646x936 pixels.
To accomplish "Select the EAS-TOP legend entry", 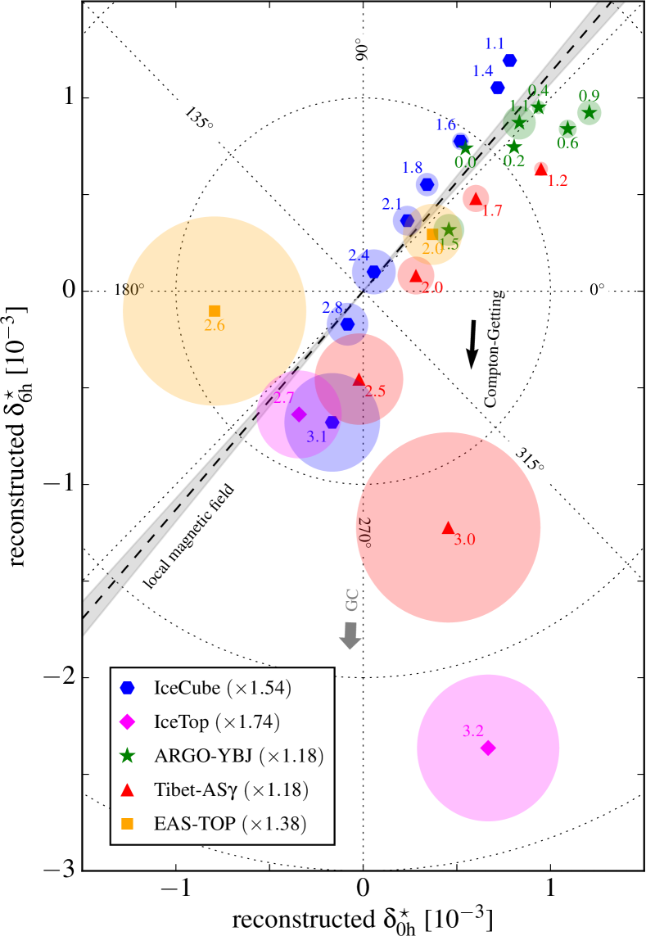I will coord(193,821).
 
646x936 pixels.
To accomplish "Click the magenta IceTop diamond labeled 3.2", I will coord(488,748).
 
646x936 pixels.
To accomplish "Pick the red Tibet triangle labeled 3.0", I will coord(448,527).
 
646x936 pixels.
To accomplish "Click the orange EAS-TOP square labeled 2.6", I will coord(215,310).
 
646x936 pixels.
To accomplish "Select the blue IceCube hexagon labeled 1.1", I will coord(510,61).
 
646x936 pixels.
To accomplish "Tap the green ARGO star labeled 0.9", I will coord(589,113).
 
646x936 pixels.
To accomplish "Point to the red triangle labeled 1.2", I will coord(540,169).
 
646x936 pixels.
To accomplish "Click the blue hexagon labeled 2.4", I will coord(374,272).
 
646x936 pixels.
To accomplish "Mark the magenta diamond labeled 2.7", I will coord(299,414).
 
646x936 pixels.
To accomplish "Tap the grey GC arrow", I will coord(350,635).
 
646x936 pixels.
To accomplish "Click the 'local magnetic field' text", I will coord(190,536).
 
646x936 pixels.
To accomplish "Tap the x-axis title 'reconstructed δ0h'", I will coord(364,916).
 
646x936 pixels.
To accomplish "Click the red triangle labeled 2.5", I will coord(359,380).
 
